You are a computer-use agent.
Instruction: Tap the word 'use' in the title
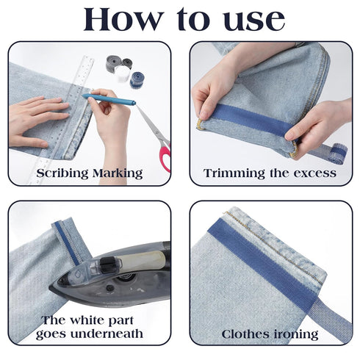250,20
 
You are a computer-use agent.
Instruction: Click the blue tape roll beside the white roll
137,80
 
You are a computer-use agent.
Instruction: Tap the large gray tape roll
114,63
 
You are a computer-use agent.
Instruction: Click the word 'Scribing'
51,173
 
